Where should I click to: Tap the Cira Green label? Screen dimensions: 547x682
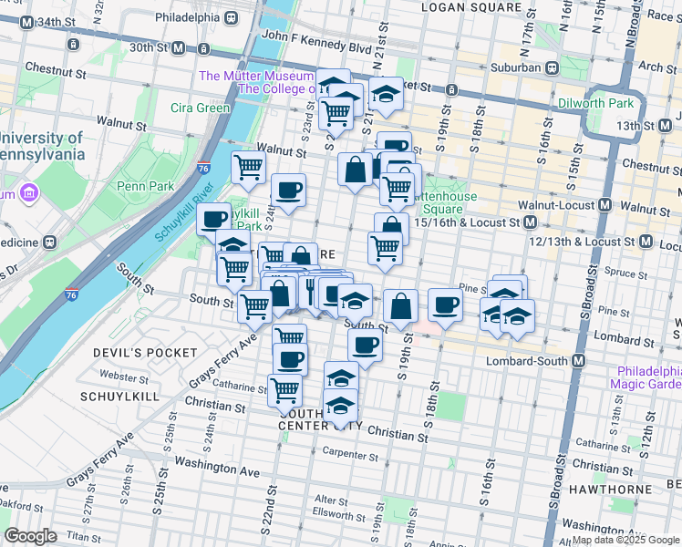[201, 108]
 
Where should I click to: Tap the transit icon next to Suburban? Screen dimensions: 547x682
[552, 67]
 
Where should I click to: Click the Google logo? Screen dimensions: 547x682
[30, 537]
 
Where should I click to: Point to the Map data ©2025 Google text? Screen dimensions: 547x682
[626, 540]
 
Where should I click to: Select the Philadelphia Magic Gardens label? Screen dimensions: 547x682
[649, 377]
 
